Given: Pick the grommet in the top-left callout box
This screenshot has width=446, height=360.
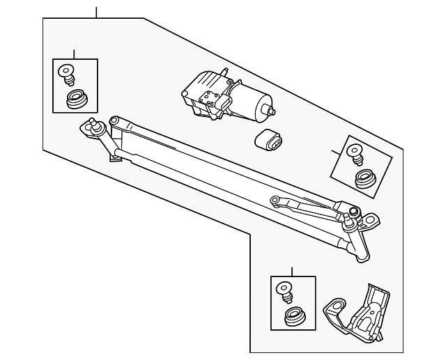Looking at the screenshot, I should [x=74, y=100].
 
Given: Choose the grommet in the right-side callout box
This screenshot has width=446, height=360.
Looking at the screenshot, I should [x=364, y=179].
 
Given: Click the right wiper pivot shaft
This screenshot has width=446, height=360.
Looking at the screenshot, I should [x=353, y=213].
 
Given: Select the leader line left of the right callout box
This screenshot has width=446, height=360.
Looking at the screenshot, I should [x=335, y=150].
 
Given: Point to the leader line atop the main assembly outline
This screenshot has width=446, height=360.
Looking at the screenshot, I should [x=96, y=11].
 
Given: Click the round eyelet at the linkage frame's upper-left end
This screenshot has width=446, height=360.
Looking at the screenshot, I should [x=114, y=121].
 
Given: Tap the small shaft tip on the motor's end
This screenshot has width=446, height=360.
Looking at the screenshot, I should [x=272, y=111].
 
